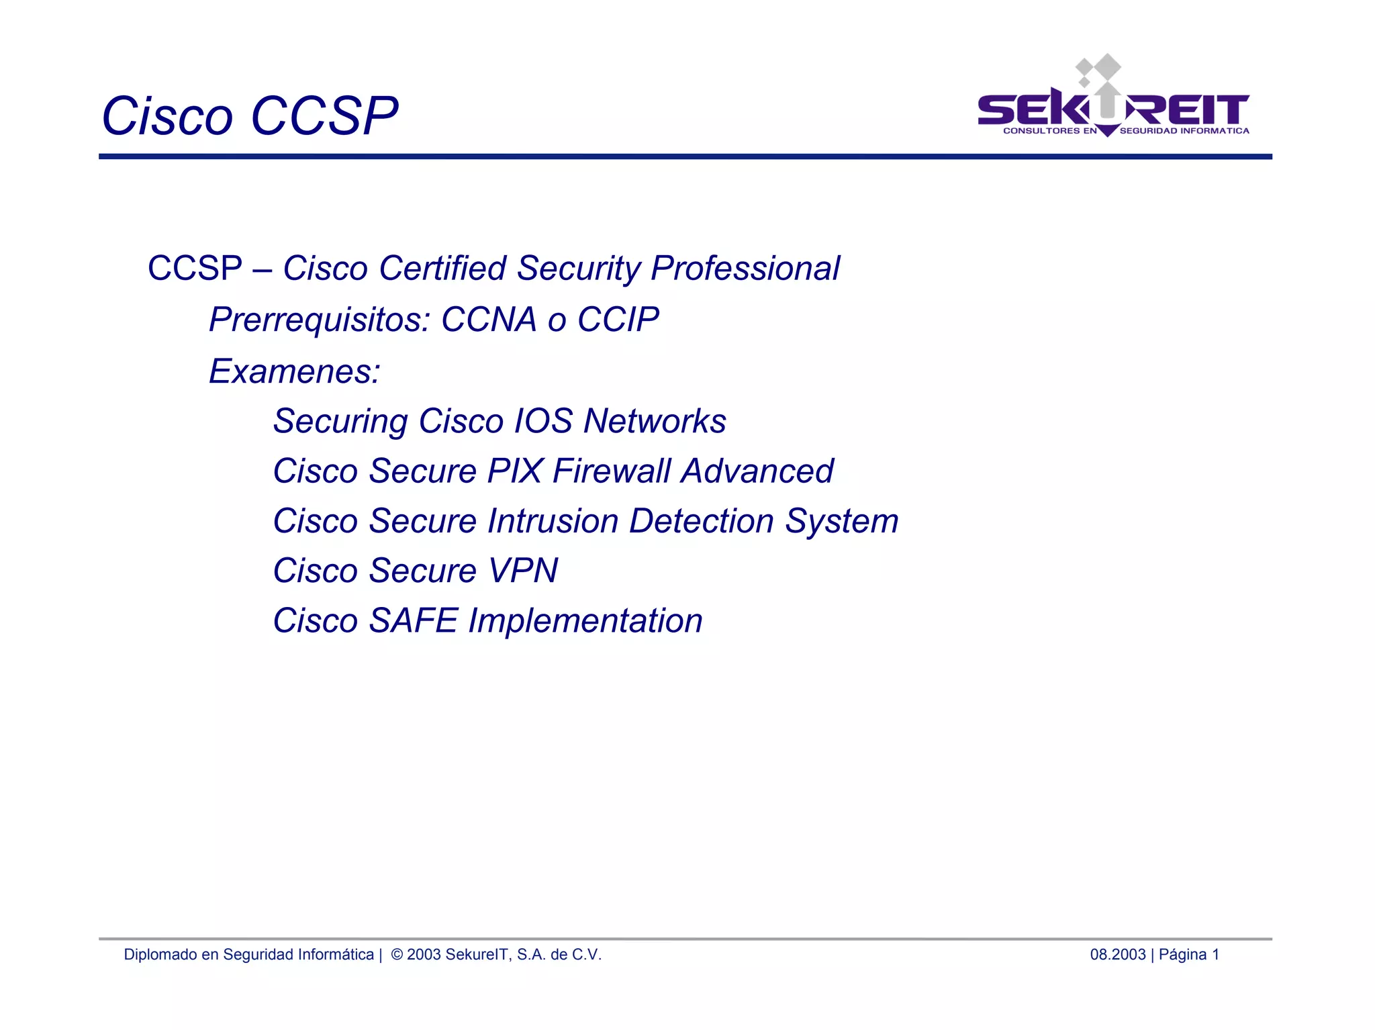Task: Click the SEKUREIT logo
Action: pyautogui.click(x=1113, y=101)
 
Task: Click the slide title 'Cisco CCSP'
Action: pyautogui.click(x=250, y=115)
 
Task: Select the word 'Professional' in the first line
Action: pyautogui.click(x=745, y=268)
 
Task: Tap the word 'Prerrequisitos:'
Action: pyautogui.click(x=319, y=319)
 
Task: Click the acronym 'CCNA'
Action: pyautogui.click(x=489, y=319)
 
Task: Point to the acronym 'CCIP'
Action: pyautogui.click(x=618, y=319)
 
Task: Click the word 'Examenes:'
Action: pyautogui.click(x=294, y=371)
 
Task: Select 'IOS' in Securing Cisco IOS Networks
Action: pyautogui.click(x=542, y=421)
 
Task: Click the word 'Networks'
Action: pyautogui.click(x=655, y=421)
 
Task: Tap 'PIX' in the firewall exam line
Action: pyautogui.click(x=514, y=471)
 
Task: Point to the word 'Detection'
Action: pyautogui.click(x=701, y=521)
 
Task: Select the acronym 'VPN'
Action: pyautogui.click(x=522, y=571)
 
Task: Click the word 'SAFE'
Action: pyautogui.click(x=413, y=620)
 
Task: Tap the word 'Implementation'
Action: pyautogui.click(x=585, y=620)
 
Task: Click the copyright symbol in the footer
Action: pyautogui.click(x=397, y=955)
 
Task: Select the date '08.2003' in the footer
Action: pyautogui.click(x=1117, y=955)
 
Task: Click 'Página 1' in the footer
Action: pyautogui.click(x=1188, y=955)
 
